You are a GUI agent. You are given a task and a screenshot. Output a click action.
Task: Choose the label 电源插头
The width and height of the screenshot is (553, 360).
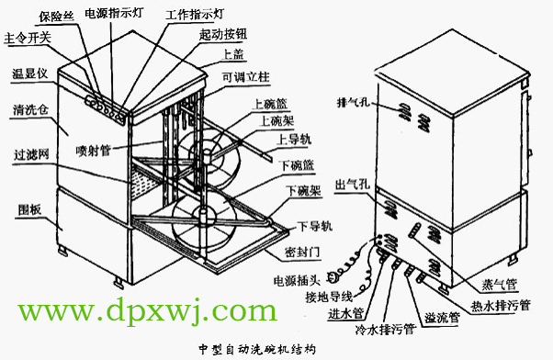[294, 278]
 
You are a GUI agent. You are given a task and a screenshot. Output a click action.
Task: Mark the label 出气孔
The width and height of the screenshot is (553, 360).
[353, 185]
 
